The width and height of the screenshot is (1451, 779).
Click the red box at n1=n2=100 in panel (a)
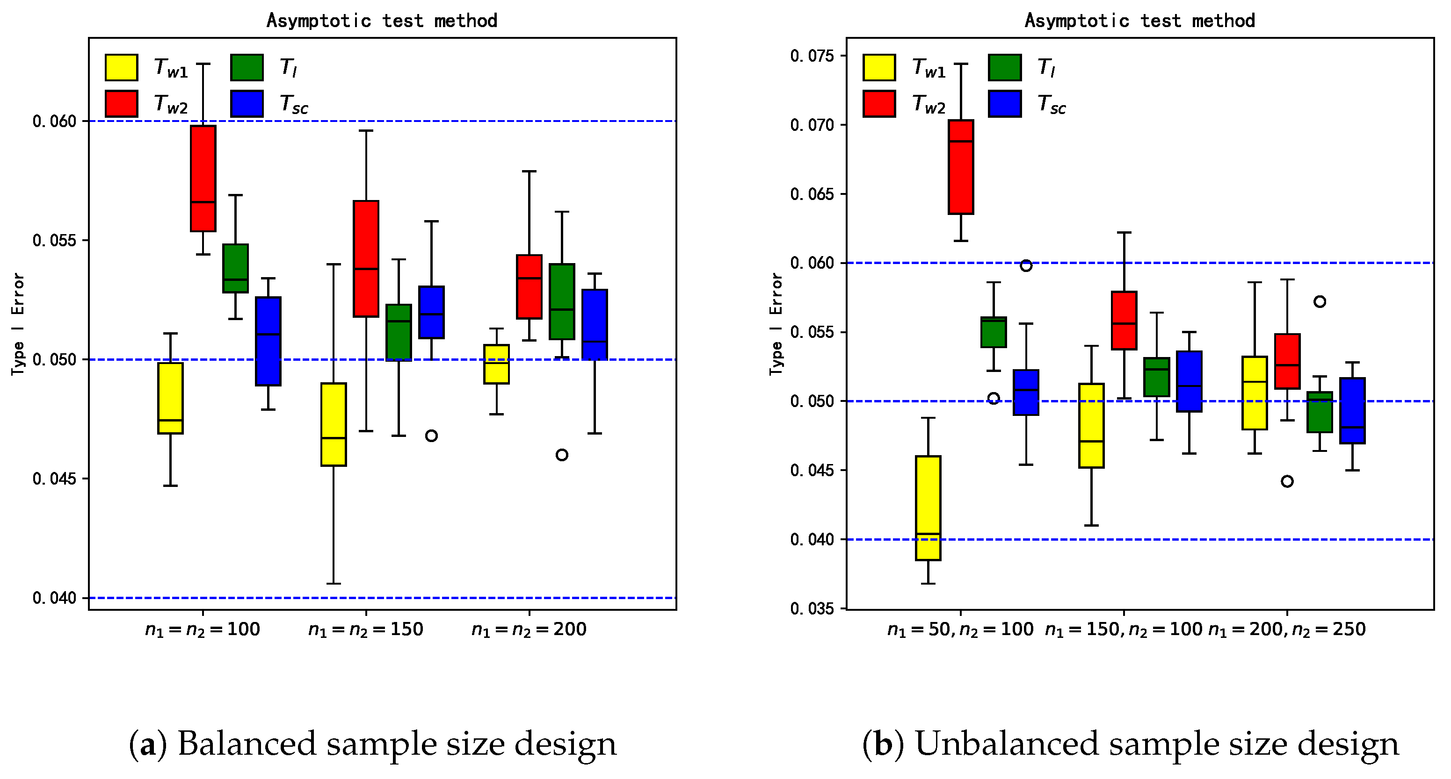click(x=203, y=178)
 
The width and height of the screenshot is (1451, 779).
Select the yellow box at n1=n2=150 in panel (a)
click(x=334, y=424)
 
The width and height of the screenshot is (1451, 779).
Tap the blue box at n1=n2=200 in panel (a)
click(x=594, y=324)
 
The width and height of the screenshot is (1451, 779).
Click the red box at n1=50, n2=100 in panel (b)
click(x=961, y=167)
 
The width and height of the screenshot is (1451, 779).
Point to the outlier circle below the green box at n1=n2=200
click(x=562, y=455)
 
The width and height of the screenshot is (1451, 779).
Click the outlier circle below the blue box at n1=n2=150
click(x=431, y=436)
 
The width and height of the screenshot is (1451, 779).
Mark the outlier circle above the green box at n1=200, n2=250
click(x=1320, y=302)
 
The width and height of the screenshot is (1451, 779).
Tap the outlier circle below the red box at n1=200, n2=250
click(x=1287, y=481)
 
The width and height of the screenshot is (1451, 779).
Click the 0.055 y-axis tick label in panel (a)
click(x=54, y=240)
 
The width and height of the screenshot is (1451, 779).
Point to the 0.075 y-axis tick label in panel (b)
click(x=812, y=56)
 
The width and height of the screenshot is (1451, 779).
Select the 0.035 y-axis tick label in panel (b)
click(x=812, y=608)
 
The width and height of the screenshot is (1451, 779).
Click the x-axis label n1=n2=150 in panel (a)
click(x=366, y=629)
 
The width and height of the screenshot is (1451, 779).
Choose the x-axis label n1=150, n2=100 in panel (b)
click(x=1124, y=629)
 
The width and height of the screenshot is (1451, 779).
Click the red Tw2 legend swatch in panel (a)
click(x=121, y=104)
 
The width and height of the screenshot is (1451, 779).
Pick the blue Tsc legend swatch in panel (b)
click(x=1005, y=104)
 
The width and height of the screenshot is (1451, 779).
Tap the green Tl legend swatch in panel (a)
click(x=247, y=68)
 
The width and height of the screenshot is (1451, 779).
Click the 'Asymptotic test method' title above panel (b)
click(x=1139, y=21)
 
